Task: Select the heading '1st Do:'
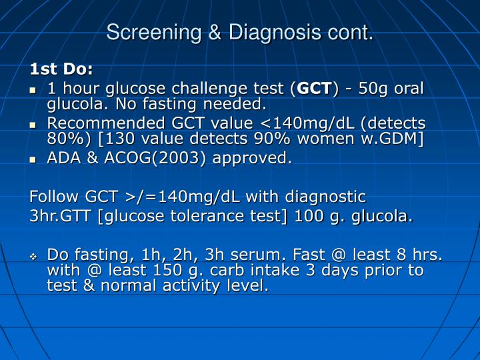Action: (x=62, y=69)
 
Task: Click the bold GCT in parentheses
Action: (x=314, y=89)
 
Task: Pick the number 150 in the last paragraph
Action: (x=169, y=270)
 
